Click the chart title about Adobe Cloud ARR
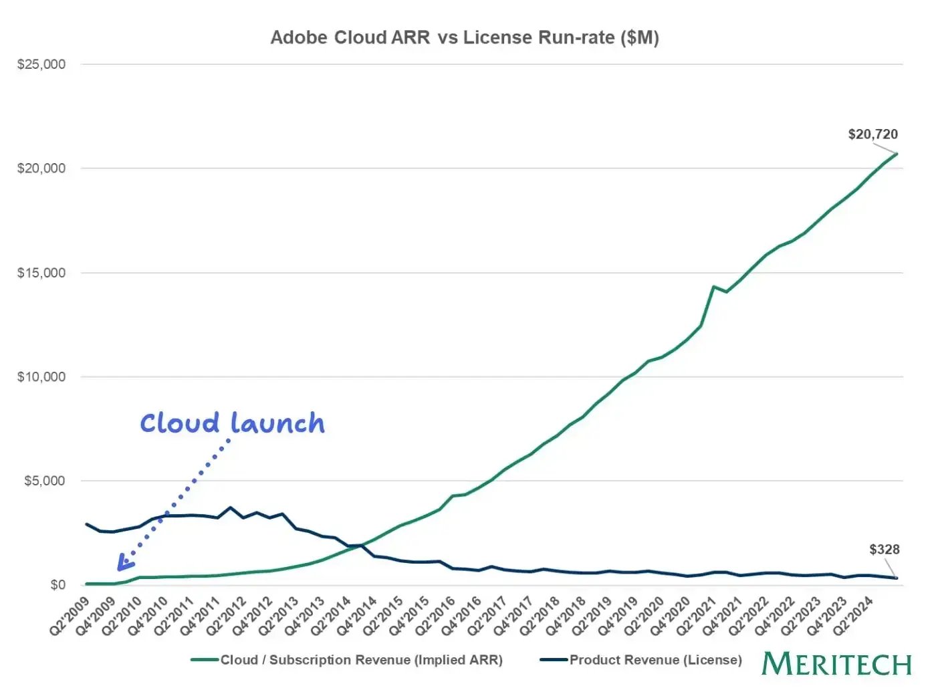(465, 37)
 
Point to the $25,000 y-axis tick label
(41, 65)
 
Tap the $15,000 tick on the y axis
(41, 273)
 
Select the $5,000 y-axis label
(45, 481)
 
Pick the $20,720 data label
(872, 134)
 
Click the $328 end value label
(884, 550)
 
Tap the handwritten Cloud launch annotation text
(232, 423)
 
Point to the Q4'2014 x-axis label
(358, 617)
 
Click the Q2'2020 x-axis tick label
(646, 617)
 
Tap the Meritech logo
(836, 665)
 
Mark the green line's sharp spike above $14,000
(713, 287)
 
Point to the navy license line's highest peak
(231, 507)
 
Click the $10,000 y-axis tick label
(41, 377)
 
